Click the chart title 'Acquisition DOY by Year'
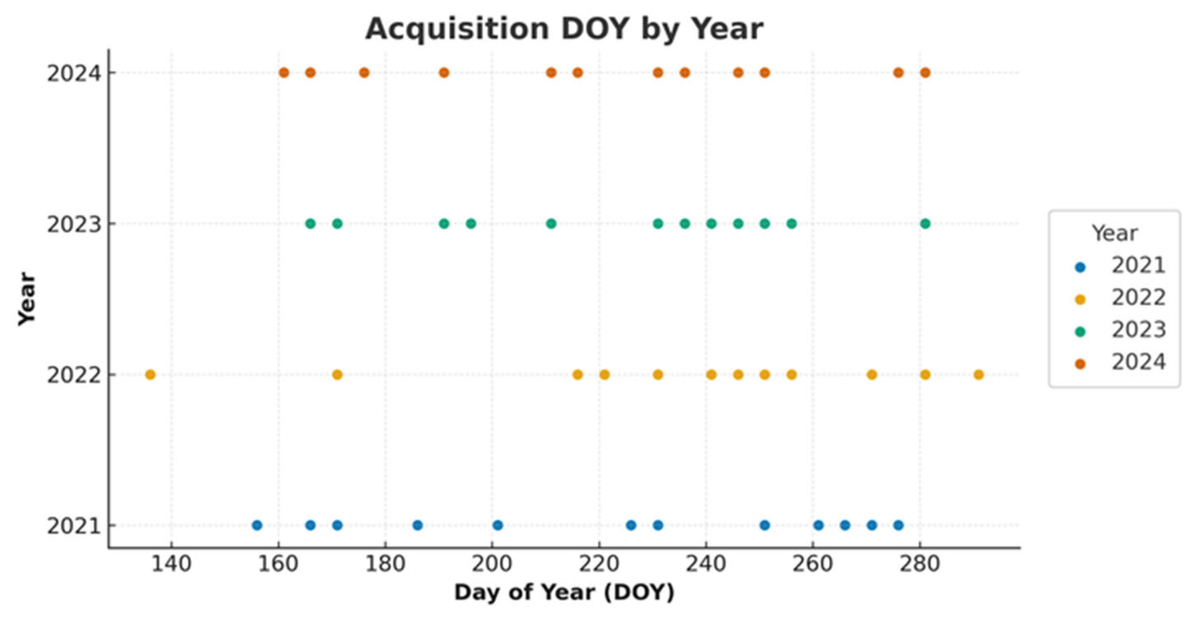point(564,29)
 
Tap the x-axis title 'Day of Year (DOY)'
point(564,592)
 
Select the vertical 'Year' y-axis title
point(27,299)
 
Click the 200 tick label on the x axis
point(492,564)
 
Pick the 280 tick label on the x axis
point(919,564)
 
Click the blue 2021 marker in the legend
point(1080,267)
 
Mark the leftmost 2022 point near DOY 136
point(150,375)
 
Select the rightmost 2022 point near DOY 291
point(978,375)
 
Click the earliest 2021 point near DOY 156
point(257,526)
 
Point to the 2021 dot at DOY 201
point(497,526)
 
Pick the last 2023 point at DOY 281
point(926,224)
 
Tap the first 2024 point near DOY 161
point(284,73)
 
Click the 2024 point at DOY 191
point(444,73)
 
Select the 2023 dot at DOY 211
point(551,224)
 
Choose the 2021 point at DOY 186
point(417,526)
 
